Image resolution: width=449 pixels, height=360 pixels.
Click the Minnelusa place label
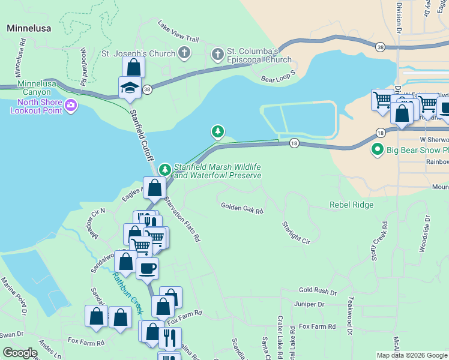coord(28,28)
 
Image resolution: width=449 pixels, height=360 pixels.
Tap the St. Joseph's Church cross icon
coord(184,53)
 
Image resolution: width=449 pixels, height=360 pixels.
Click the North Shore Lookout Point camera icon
coord(71,107)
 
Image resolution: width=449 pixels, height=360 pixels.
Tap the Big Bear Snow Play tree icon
coord(378,149)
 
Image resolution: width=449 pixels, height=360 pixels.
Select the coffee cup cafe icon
coord(147,268)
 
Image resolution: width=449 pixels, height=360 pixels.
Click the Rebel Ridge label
coord(351,205)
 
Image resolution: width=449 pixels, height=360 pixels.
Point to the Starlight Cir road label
coord(296,233)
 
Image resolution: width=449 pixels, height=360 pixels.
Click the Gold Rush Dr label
coord(318,291)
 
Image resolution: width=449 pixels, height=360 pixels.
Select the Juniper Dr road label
coord(309,304)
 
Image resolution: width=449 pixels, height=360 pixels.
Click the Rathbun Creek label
coord(127,293)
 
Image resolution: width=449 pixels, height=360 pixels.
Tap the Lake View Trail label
coord(178,31)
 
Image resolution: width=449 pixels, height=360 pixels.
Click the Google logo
coord(20,353)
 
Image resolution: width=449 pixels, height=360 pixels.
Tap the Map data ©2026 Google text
coord(411,355)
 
